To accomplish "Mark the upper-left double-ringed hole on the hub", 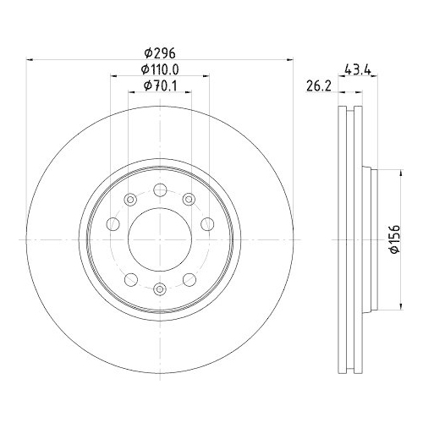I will coord(129,200).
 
